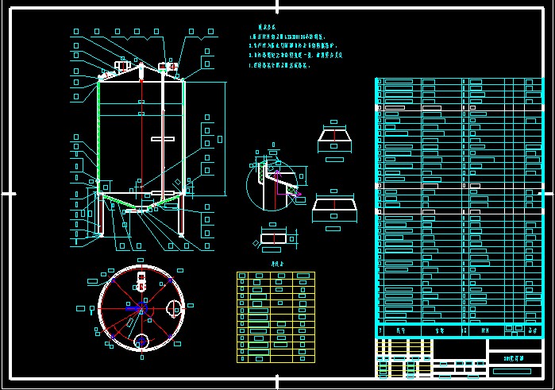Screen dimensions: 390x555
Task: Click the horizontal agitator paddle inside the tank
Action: point(161,140)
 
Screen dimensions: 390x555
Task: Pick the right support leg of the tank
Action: point(183,216)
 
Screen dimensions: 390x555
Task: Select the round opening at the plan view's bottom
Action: point(142,341)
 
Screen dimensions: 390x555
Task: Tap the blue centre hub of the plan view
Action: point(142,308)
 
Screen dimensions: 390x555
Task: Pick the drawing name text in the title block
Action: point(515,358)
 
